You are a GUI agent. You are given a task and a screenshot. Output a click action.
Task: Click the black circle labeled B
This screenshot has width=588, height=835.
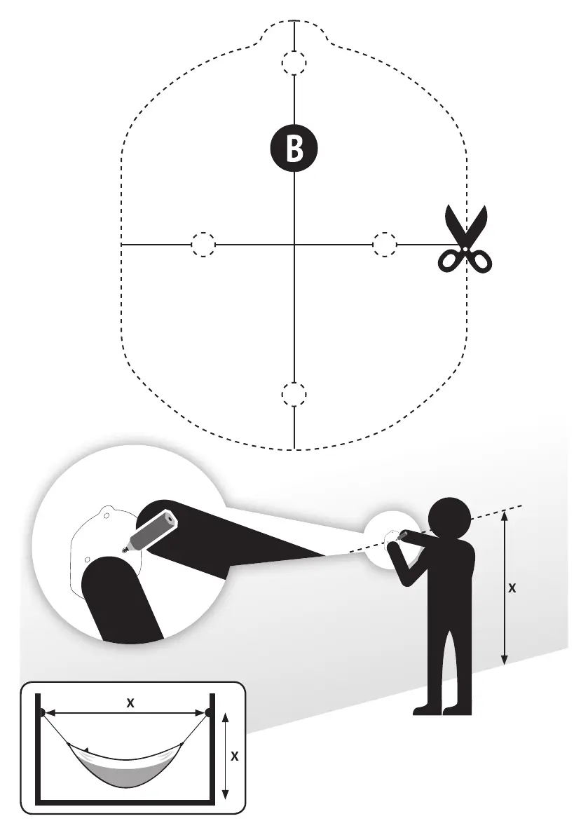(x=294, y=149)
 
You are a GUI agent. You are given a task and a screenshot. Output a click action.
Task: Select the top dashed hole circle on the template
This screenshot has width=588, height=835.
(x=294, y=63)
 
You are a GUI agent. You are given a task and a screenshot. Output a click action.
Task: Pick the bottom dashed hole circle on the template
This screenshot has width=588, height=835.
(x=294, y=394)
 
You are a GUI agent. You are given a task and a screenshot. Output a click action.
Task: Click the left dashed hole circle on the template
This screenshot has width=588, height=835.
(x=203, y=244)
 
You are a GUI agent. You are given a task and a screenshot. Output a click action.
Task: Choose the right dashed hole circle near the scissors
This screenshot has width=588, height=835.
(x=384, y=244)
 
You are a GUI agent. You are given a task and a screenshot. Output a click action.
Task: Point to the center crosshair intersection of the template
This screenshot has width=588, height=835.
(x=294, y=244)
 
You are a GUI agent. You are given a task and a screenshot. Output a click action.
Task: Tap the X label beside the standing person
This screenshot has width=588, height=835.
(x=512, y=589)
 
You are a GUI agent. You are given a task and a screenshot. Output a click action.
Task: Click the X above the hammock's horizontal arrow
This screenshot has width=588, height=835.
(x=130, y=703)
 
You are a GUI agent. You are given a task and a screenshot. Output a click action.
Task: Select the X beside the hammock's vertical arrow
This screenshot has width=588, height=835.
(x=235, y=756)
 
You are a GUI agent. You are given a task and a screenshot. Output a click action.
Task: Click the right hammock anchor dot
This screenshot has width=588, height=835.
(x=209, y=713)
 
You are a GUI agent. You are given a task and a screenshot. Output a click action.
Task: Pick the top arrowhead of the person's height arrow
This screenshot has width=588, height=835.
(x=505, y=515)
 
